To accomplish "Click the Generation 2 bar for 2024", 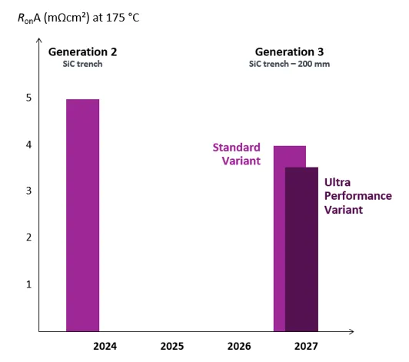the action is tap(83, 215).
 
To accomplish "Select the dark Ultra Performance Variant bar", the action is tap(301, 249).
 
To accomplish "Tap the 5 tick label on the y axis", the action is tap(28, 98).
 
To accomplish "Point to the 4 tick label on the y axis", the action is tap(28, 144).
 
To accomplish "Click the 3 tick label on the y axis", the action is tap(28, 191).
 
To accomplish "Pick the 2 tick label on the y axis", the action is tap(28, 237).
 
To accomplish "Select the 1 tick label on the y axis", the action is tap(28, 284).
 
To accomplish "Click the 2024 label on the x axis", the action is tap(105, 347).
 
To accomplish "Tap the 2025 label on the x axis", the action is tap(172, 347).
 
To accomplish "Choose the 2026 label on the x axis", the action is tap(239, 347).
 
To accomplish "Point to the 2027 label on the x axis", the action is tap(306, 347).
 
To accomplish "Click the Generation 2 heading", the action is tap(83, 52).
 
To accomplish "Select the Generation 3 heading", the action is tap(289, 52).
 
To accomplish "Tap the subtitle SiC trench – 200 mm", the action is tap(289, 64).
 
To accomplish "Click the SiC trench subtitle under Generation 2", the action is tap(82, 64).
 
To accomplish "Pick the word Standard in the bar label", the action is tap(237, 148).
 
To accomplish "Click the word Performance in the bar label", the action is tap(358, 196).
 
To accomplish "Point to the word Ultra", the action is tap(338, 182).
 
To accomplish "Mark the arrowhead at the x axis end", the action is tap(352, 331).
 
